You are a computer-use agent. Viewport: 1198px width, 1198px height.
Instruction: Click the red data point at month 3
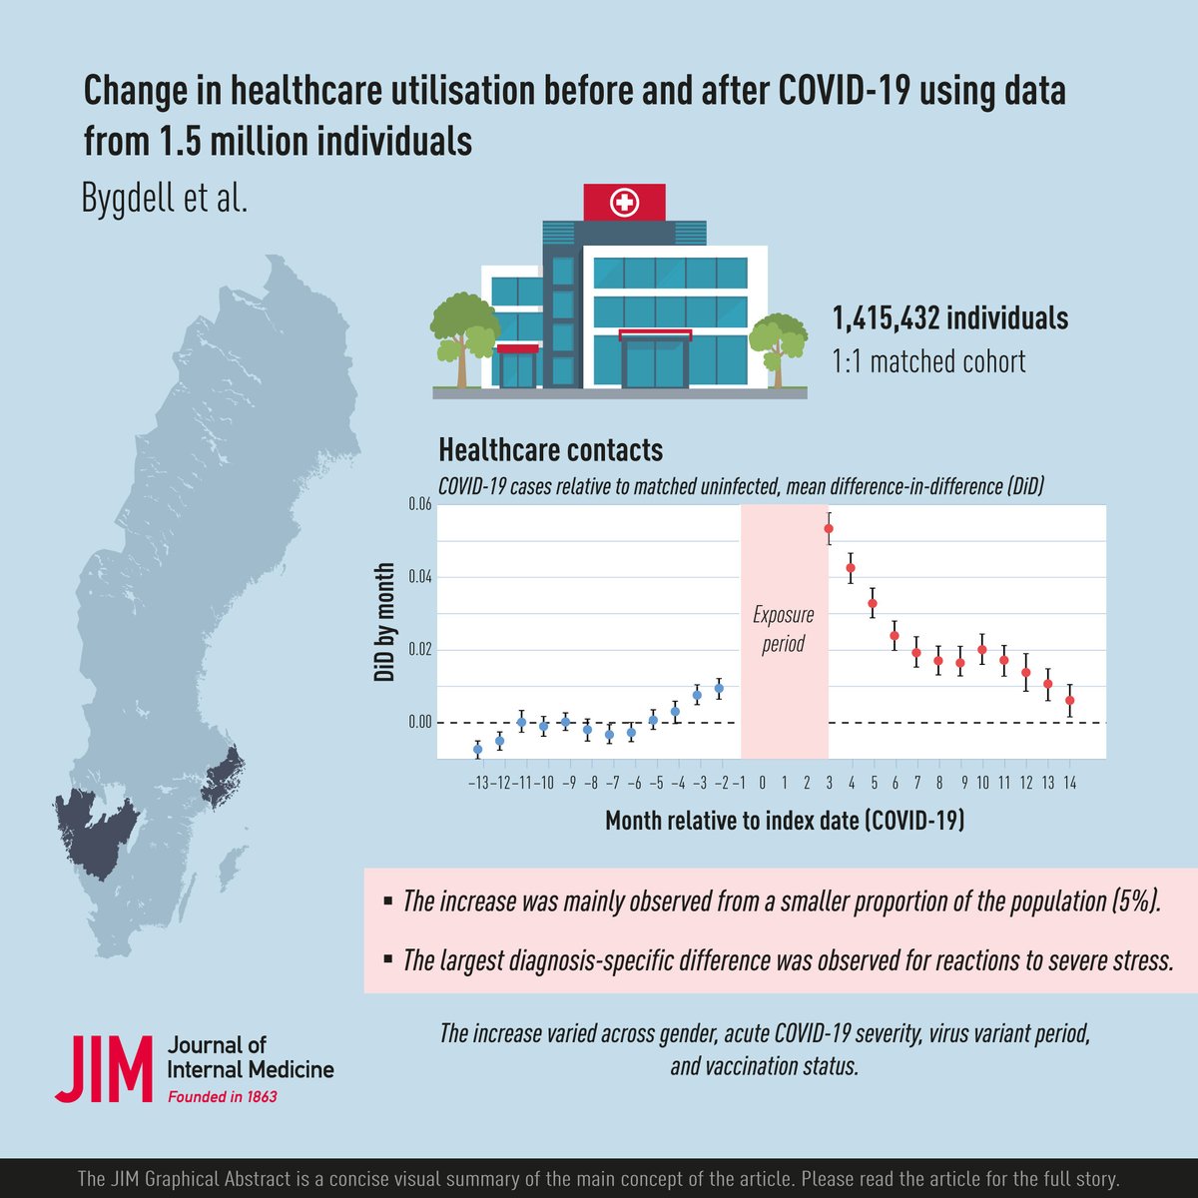point(828,528)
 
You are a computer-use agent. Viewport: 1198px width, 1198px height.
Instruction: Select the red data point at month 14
point(1069,700)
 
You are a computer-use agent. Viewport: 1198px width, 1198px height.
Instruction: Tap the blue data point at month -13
point(477,749)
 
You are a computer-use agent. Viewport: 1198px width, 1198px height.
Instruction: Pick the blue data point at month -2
point(719,688)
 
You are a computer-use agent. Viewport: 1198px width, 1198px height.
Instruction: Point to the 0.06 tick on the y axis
point(419,505)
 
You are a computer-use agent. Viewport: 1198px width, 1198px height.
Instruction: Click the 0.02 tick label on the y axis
point(419,650)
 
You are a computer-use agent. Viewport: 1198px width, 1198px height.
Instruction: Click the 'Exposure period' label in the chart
point(783,629)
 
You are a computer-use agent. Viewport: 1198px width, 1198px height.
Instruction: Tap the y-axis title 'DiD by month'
point(384,623)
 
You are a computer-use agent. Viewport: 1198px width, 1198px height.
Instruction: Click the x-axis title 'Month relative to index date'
point(784,821)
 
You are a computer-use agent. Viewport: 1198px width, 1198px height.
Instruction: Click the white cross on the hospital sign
point(625,204)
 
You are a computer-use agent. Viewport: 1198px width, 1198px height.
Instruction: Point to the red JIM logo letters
point(104,1069)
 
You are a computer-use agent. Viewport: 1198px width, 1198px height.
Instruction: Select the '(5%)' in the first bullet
point(1136,901)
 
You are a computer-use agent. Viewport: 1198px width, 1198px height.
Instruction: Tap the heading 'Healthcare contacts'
point(550,450)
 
